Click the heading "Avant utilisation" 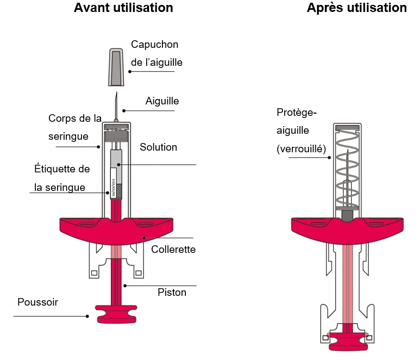click(x=123, y=8)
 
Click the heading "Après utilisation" click(x=357, y=8)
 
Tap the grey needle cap click(x=116, y=67)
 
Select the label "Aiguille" click(x=162, y=101)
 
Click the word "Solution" click(x=159, y=147)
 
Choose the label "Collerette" click(x=173, y=249)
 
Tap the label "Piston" click(x=172, y=293)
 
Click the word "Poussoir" click(x=37, y=302)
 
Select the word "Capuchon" click(x=154, y=45)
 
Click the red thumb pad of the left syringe click(x=116, y=314)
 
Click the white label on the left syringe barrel click(x=113, y=183)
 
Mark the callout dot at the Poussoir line click(x=87, y=316)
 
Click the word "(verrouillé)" click(x=302, y=149)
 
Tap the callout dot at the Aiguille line click(x=124, y=111)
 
